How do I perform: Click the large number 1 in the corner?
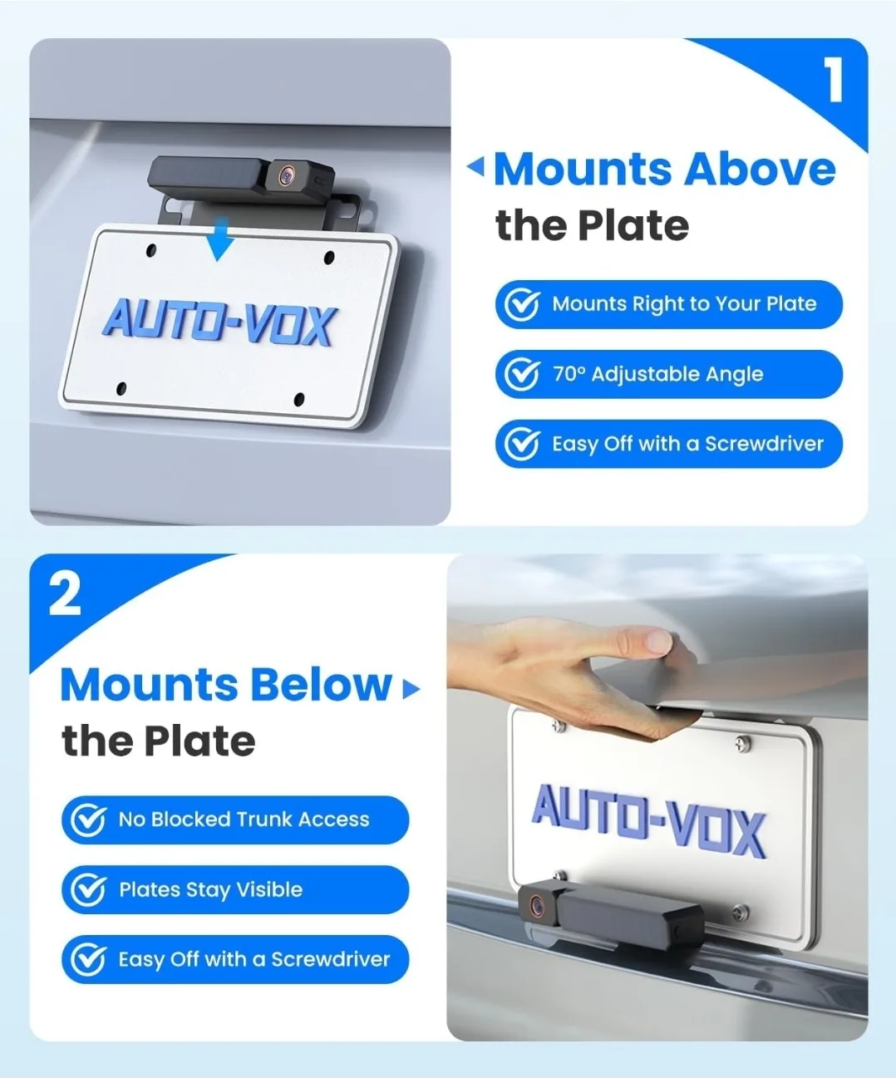834,80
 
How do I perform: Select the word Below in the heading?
320,685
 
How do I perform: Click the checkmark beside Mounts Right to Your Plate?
522,304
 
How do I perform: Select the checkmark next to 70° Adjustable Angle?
522,374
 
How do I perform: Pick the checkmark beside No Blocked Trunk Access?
88,820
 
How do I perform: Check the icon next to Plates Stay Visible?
88,890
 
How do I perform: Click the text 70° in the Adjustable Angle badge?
569,374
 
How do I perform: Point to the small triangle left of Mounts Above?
476,167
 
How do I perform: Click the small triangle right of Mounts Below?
411,689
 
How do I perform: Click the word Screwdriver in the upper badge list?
764,444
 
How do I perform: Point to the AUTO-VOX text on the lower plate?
648,820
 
